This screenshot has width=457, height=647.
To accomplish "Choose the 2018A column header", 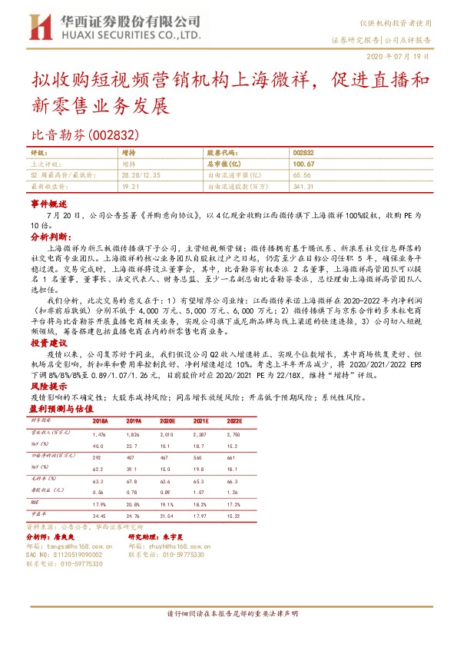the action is pos(100,422).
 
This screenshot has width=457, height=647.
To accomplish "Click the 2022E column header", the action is pos(233,422).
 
